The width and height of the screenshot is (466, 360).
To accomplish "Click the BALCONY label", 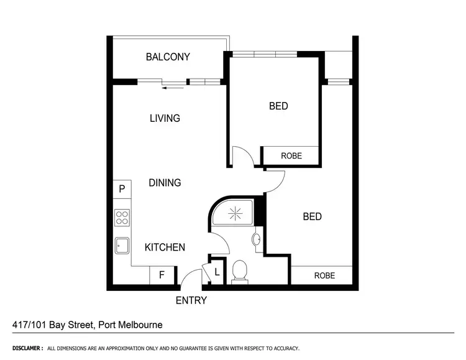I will coord(168,57).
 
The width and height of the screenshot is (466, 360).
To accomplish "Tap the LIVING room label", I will coord(165,118).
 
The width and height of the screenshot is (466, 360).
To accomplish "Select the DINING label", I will coord(165,183).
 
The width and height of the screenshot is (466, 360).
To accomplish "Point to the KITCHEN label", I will coord(165,247).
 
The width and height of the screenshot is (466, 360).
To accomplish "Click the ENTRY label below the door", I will coord(191,301).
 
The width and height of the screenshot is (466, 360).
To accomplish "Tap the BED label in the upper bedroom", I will coord(278,106).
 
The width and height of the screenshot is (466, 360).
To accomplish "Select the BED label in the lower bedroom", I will coord(312,216).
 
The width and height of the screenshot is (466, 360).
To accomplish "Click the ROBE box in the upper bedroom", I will coord(291,156).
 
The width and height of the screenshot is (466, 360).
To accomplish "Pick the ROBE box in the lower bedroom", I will coord(324,275).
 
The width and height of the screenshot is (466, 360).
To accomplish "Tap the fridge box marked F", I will coord(162,275).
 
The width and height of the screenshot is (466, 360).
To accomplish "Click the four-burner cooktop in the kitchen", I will coord(122,218).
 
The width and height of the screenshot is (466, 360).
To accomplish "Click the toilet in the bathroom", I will coord(239,272).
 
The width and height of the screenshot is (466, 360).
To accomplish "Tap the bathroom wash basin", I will coord(257,239).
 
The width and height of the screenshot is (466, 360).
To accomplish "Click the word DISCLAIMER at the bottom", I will coord(27,348).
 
